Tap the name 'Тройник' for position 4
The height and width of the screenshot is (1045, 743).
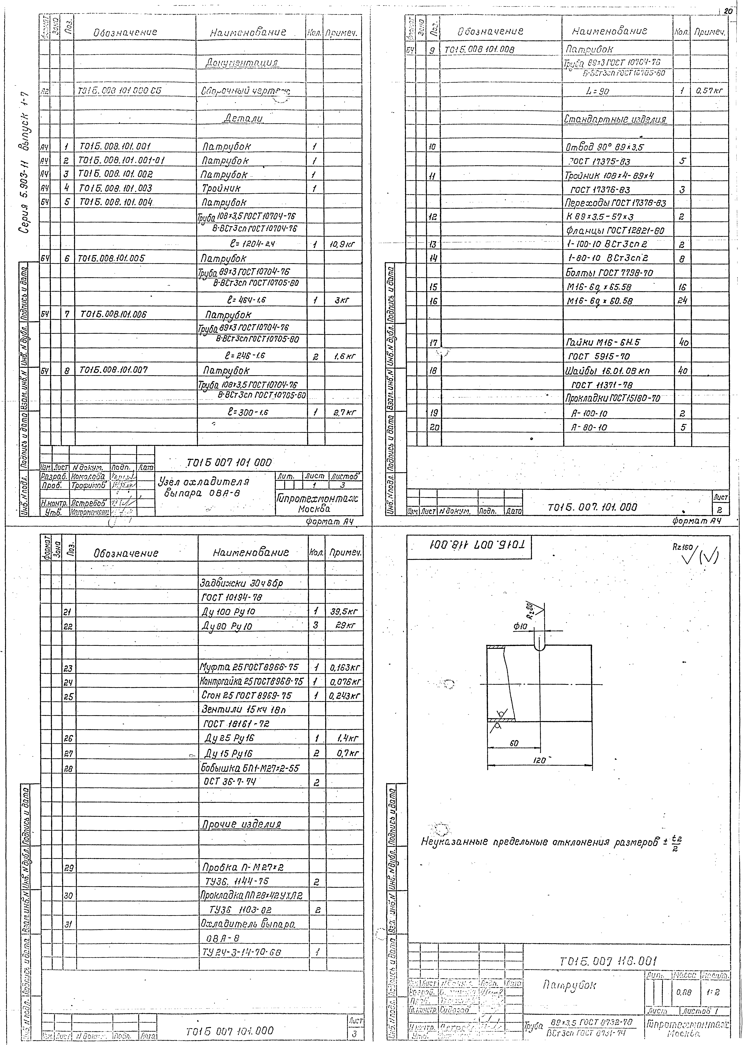coord(221,188)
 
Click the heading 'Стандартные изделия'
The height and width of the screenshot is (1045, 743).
coord(615,120)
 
